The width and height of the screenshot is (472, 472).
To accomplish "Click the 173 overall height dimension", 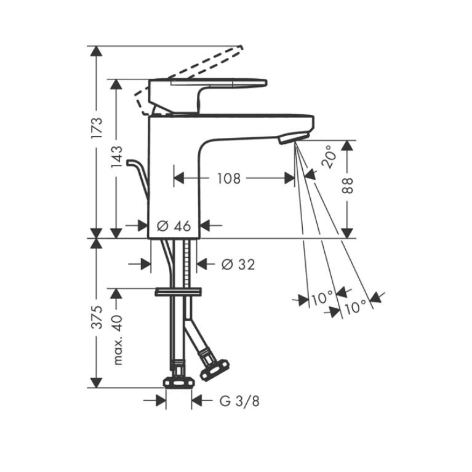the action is pos(97,128).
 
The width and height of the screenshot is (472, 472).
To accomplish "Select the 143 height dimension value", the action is pos(117,156).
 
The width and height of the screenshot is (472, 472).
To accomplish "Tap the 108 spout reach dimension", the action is pos(229,178).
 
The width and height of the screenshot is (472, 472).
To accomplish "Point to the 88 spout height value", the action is pos(347,185).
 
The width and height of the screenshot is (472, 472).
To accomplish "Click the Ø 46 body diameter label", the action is pos(174,226).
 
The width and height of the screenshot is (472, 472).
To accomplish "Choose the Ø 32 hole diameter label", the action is pos(238,264).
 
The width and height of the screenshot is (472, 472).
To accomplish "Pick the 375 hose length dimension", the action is pos(97,317).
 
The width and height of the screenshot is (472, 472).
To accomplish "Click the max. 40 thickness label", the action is pos(118,340).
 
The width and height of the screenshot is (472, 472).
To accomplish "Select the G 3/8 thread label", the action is pos(239,401).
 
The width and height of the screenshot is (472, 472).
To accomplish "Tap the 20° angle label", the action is pos(329,156).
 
